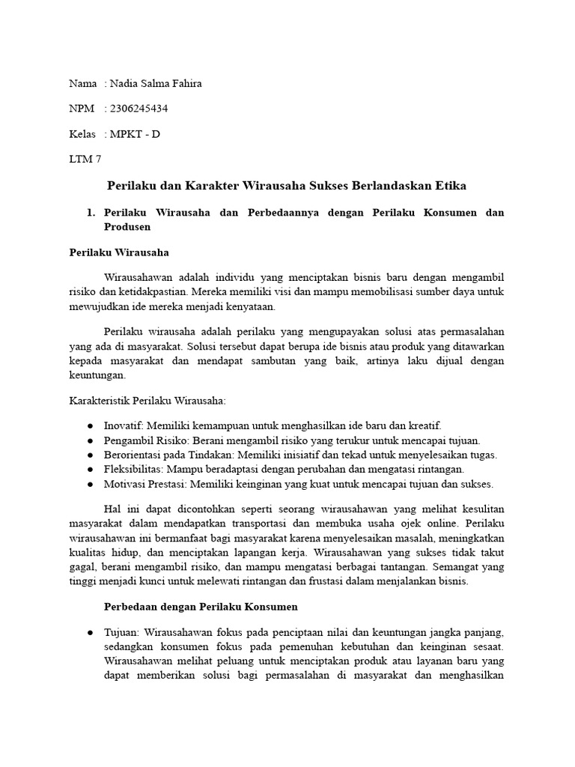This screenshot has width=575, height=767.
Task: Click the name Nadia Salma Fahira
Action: click(156, 83)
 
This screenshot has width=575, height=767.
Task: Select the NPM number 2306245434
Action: click(139, 109)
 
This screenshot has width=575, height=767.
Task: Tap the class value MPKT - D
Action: click(135, 134)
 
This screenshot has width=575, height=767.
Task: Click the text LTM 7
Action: click(85, 160)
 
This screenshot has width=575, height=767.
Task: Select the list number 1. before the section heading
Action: click(93, 213)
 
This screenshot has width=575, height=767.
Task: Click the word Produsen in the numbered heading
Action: click(128, 226)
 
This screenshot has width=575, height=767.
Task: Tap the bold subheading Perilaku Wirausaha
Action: click(119, 253)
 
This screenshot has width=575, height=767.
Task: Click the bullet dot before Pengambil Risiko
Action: click(90, 440)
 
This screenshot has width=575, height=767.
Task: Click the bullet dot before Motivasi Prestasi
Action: click(90, 484)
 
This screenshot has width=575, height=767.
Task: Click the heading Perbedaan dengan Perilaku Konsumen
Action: click(201, 606)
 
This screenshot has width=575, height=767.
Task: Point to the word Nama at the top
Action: click(82, 83)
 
